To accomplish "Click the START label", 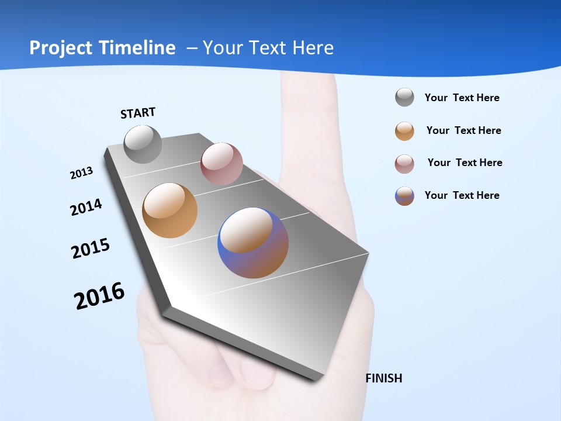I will (138, 113).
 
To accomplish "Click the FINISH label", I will (384, 378).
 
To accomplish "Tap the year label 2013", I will (81, 173).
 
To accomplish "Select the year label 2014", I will (86, 207).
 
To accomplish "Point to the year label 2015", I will (91, 249).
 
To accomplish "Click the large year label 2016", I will (99, 296).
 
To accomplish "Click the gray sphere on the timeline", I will (143, 144).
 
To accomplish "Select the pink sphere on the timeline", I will (221, 164).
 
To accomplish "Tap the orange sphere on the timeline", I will (170, 210).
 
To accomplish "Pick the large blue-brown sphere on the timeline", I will (253, 243).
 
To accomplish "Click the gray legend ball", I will (404, 97).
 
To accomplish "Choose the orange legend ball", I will (404, 130).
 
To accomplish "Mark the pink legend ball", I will (404, 163).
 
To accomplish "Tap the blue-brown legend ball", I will (404, 196).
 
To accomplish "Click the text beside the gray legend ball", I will (462, 98).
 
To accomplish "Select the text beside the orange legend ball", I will (463, 130).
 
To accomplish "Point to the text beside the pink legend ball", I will (465, 163).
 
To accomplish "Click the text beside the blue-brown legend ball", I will (462, 195).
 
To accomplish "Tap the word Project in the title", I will (61, 48).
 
